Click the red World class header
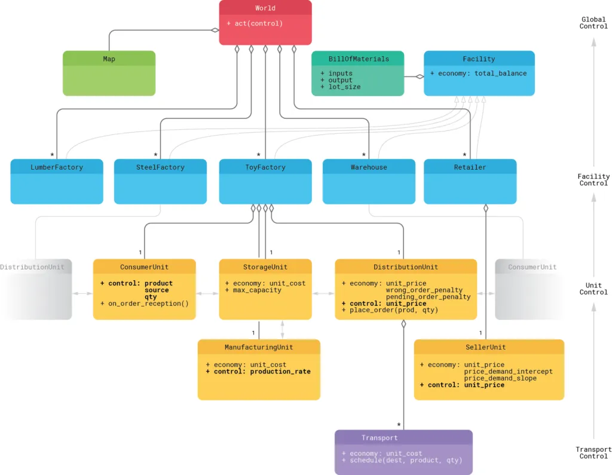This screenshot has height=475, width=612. (265, 8)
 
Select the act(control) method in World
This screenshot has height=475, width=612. (255, 24)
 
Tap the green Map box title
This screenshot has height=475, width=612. (109, 59)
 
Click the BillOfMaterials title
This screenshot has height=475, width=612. (358, 59)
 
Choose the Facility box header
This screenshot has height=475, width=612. (479, 59)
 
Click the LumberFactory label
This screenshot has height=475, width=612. (57, 167)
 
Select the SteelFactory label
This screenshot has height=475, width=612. (160, 167)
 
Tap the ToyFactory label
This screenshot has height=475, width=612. (265, 167)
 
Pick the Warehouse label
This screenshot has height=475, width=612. (369, 167)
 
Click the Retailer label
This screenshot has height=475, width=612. (470, 167)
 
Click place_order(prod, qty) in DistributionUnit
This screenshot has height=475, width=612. (390, 310)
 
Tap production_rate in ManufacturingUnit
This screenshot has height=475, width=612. (280, 372)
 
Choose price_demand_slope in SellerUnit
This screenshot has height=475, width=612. (500, 378)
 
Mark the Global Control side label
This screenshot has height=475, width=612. (593, 23)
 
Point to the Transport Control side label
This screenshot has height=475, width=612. (593, 453)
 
